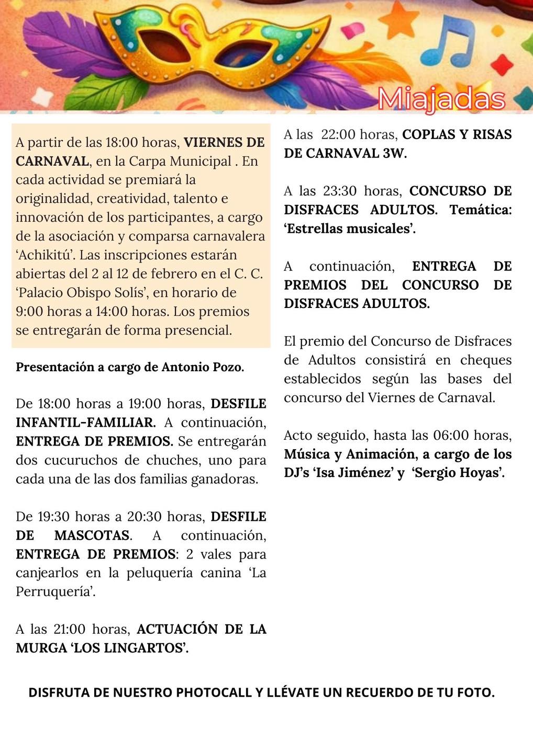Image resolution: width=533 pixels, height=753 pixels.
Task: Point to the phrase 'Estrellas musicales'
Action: point(349,229)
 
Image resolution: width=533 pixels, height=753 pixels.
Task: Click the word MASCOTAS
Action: point(92,535)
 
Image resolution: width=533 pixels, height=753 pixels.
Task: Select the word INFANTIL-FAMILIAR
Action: point(85,423)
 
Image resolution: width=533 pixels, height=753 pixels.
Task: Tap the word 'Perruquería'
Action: point(55,592)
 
